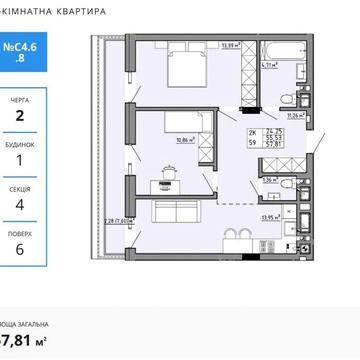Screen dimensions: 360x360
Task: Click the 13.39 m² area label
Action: tap(229, 45)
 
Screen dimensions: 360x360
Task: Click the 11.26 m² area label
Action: tap(295, 115)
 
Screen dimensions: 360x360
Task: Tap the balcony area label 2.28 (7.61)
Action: tap(118, 225)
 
